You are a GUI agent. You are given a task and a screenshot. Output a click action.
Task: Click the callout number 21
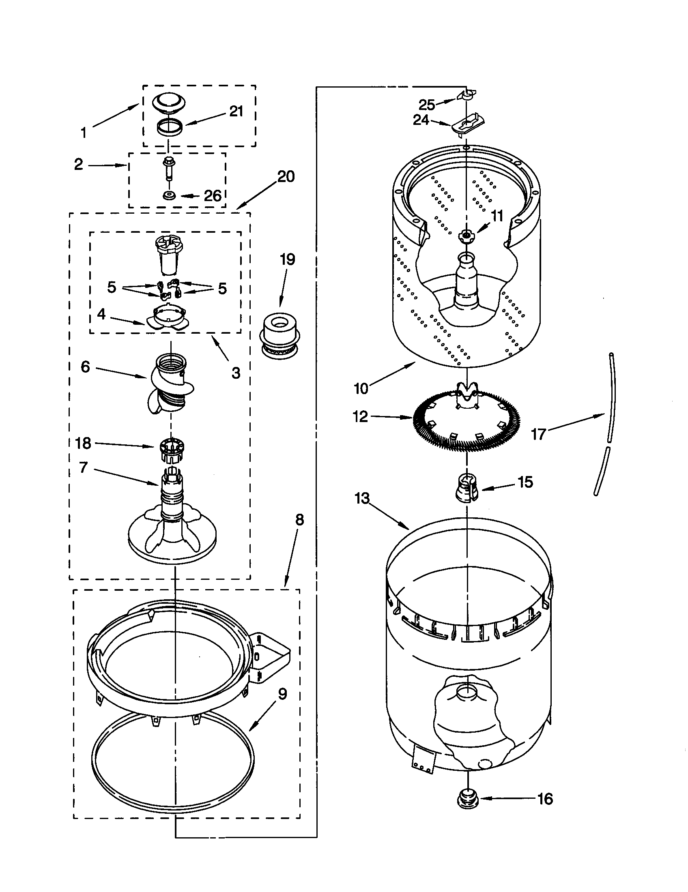coord(236,111)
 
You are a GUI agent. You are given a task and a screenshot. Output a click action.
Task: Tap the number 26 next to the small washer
coord(213,196)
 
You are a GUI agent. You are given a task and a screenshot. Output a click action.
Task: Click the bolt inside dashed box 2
coord(168,167)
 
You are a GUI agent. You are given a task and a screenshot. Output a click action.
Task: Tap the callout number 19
coord(287,259)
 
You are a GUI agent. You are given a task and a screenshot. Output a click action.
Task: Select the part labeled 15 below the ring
coord(467,487)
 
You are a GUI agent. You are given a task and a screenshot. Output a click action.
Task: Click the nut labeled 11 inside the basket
coord(466,235)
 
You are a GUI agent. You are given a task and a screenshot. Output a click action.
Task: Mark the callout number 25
coord(427,105)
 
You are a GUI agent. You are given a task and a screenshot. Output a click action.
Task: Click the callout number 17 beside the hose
coord(538,434)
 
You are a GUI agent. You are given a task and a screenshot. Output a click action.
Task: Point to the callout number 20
coord(286,176)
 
